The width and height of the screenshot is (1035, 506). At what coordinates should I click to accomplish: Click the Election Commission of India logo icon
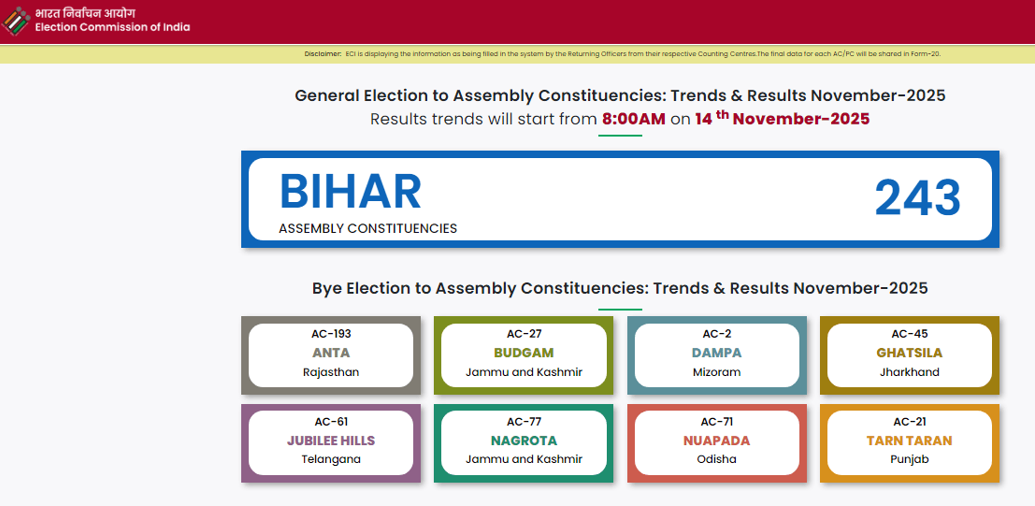[16, 21]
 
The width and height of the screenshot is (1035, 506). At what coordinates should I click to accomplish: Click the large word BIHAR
[350, 192]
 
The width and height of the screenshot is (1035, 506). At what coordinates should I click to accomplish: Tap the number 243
[917, 198]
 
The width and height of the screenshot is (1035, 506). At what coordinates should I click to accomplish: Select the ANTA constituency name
[331, 353]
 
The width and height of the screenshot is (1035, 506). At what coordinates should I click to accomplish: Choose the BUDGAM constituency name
[524, 353]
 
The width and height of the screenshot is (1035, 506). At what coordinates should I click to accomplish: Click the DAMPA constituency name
[716, 353]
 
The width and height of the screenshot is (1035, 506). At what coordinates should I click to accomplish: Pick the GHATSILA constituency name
[909, 353]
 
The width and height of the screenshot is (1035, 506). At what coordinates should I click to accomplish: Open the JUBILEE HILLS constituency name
[331, 441]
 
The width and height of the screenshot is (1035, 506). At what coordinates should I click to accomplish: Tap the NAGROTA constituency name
[524, 441]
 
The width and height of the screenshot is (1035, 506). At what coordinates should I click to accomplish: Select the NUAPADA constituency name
[716, 441]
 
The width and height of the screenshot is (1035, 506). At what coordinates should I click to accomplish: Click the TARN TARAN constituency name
[909, 441]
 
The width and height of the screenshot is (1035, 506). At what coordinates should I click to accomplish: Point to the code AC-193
[331, 334]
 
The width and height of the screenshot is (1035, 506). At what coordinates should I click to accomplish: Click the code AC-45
[909, 334]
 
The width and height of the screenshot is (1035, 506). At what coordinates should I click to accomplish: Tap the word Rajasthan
[331, 372]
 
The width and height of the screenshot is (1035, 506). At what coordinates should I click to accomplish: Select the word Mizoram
[716, 372]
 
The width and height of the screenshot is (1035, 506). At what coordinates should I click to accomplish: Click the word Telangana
[331, 459]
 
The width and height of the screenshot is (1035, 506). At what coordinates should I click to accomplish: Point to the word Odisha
[716, 459]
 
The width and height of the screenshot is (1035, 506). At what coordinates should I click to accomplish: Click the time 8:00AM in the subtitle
[633, 119]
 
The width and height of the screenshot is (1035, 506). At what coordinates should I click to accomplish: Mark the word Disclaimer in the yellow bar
[323, 54]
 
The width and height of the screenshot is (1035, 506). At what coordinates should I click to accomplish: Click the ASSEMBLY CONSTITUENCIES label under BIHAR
[367, 228]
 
